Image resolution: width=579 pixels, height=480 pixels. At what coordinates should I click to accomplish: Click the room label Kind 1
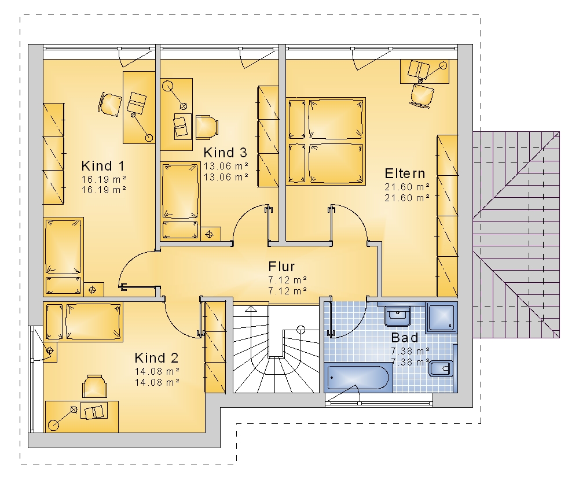pos(103,166)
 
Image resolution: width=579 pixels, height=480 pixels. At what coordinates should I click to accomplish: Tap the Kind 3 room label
pos(225,152)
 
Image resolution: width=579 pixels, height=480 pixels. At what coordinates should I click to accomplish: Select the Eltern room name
pos(405,173)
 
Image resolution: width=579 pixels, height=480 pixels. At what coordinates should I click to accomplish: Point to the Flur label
pos(281,267)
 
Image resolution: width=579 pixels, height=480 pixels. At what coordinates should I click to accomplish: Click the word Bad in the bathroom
pos(405,338)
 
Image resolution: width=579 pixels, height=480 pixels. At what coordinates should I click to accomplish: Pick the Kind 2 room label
pos(156,358)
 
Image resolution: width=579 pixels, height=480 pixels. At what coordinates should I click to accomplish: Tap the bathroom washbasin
pos(398,316)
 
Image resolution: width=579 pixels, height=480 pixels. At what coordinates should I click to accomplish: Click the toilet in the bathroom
pos(442,368)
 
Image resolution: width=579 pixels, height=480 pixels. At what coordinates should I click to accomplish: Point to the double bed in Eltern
pos(326,141)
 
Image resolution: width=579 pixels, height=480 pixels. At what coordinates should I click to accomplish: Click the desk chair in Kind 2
pos(94,386)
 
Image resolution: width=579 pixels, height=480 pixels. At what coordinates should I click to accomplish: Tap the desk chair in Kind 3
pos(207,127)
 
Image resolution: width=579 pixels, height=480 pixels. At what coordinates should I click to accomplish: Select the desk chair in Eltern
pos(422,95)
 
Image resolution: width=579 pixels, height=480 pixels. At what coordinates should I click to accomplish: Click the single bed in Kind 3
pos(181,201)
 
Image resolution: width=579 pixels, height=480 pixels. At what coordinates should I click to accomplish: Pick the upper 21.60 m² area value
pos(407,187)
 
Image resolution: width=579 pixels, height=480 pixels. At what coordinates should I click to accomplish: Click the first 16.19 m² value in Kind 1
pos(104,179)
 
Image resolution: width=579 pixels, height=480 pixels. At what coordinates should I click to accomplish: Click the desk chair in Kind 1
pos(110,105)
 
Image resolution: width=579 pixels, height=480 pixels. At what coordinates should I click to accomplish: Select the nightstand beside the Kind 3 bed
pos(211,234)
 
